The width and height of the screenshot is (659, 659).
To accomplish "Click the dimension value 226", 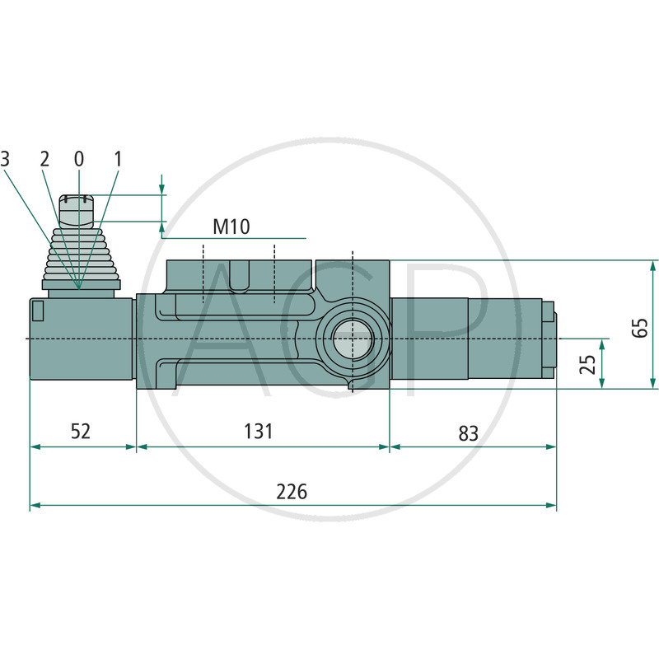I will point(292,492).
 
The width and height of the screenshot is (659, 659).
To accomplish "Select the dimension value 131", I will point(259,431).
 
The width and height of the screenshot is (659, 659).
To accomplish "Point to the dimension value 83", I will point(468,432).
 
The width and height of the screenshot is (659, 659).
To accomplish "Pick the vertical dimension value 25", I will point(587,363).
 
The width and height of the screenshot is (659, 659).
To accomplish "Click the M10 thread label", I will point(231,227).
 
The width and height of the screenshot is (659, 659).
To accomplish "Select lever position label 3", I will point(6,158).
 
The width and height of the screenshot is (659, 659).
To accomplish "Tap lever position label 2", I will point(44,158).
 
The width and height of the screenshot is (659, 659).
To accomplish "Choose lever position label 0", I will point(79,158).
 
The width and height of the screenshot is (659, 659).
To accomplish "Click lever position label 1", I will point(118,158).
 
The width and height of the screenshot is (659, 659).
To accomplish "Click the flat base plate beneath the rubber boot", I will point(80,284).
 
